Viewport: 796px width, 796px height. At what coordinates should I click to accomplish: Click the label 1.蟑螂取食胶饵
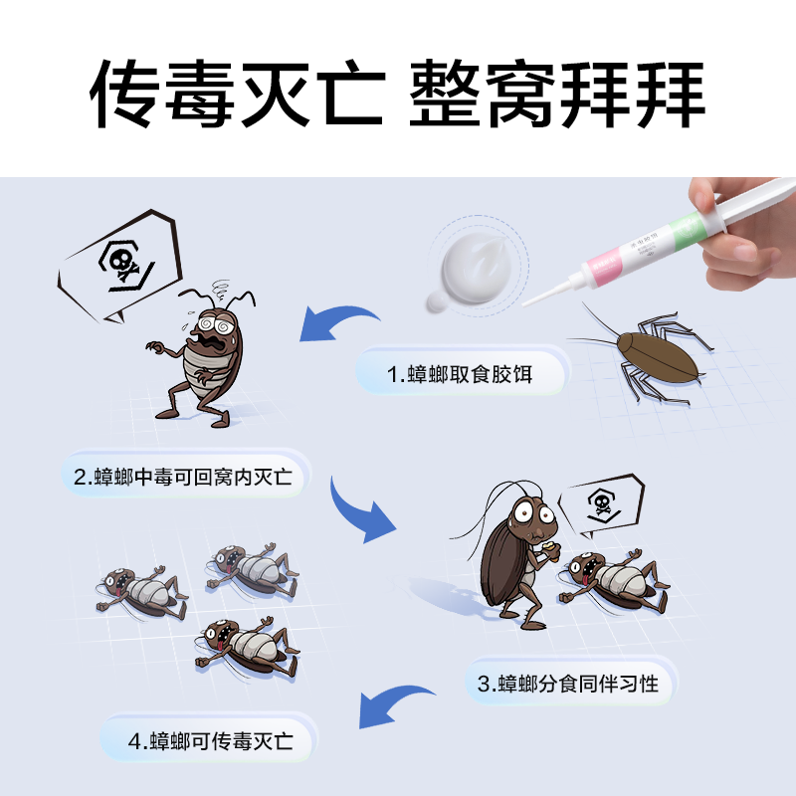tap(461, 375)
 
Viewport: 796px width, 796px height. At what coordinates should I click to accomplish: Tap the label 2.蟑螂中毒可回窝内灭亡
tap(184, 476)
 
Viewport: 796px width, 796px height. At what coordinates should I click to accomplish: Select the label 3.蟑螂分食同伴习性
tap(570, 684)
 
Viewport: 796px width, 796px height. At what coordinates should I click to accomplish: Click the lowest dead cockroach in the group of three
tap(243, 648)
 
